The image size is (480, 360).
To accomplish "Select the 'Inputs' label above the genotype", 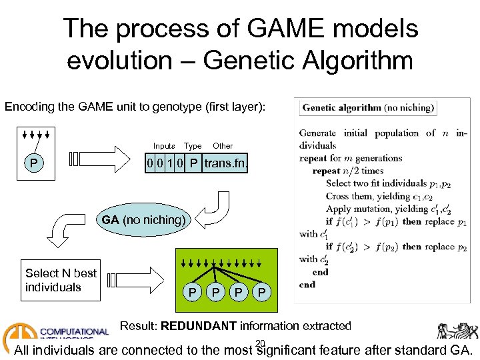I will point(164,146).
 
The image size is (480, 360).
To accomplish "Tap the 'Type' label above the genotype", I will point(193,146).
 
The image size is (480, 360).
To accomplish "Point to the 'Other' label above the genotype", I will point(223,146).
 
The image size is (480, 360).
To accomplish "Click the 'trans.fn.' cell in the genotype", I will point(226,163).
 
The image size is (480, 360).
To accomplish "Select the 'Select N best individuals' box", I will point(61,280).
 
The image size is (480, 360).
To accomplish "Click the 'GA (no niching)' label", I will point(143,220).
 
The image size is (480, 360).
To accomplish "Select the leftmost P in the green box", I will point(192,293).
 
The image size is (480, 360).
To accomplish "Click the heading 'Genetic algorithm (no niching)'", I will point(369,107).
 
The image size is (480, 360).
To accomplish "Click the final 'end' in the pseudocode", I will point(307,285).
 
